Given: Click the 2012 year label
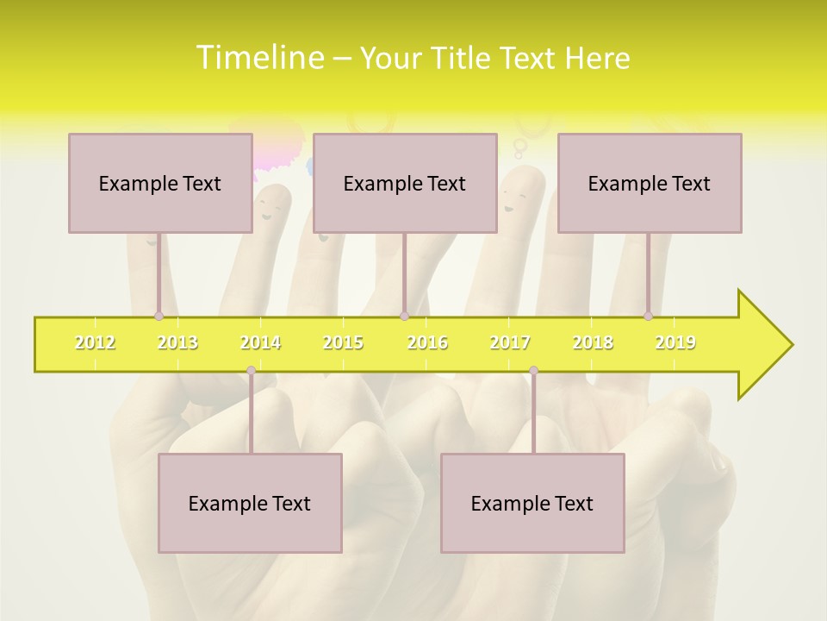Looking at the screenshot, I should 95,342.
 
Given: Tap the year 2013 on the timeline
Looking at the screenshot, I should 177,342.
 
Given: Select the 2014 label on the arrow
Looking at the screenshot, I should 260,342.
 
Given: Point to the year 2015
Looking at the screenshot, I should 343,342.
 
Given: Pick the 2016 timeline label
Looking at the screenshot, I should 427,342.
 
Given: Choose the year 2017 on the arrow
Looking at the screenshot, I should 510,342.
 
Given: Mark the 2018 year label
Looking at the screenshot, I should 593,342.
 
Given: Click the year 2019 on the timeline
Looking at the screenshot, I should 675,342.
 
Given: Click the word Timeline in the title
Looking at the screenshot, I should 259,58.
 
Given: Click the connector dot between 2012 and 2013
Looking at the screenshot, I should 159,317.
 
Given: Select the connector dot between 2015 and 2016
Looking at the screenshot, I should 404,317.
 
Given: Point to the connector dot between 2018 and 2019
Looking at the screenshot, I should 649,317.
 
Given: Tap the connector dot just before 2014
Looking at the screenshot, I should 251,371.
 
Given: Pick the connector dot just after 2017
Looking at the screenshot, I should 533,371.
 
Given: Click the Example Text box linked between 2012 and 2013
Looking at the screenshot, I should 160,183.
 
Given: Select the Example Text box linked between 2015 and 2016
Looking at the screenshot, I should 405,183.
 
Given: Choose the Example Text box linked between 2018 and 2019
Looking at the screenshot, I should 650,183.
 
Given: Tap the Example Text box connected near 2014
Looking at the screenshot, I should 250,503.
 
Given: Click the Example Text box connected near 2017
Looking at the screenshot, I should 532,503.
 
